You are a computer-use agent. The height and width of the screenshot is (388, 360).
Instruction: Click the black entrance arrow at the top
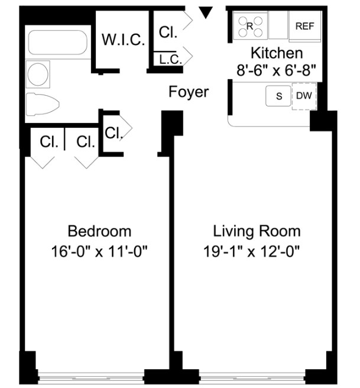tap(206, 12)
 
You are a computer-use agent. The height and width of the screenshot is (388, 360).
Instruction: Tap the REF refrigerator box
tap(304, 26)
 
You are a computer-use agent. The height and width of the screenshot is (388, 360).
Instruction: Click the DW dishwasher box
tap(304, 95)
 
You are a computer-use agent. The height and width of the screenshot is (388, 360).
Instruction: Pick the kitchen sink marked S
tap(278, 95)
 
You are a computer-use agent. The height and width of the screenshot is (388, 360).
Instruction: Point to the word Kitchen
tap(277, 53)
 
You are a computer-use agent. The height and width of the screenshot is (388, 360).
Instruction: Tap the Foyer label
tap(189, 92)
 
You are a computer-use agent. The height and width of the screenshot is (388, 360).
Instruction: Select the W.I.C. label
tap(124, 40)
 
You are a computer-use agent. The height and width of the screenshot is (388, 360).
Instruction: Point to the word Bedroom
tap(99, 231)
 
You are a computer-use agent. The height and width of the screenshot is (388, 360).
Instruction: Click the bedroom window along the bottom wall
tap(91, 376)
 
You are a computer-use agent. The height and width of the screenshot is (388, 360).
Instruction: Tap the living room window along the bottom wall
tap(252, 376)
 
